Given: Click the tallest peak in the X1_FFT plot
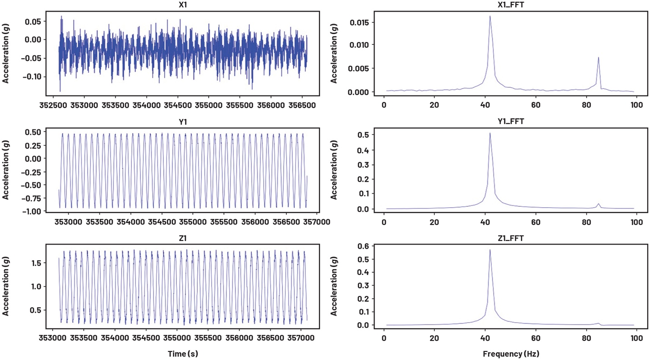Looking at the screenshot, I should [490, 16].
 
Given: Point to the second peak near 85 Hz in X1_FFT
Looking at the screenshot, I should [598, 57].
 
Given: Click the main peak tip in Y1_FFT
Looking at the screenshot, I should [490, 133].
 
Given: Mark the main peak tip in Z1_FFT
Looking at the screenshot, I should [490, 249].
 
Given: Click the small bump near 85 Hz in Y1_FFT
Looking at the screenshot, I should [599, 204].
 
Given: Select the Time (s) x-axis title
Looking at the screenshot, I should [183, 353].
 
